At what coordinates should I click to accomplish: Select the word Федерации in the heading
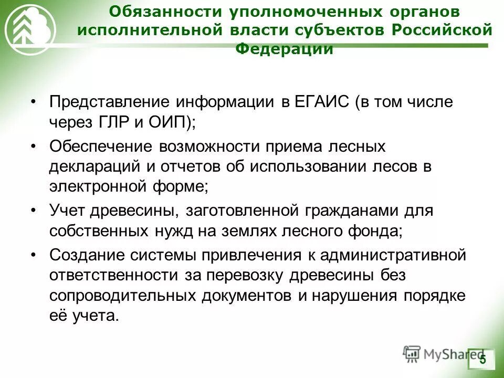click(x=285, y=49)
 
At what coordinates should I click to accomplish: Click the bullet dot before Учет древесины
click(x=34, y=211)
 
